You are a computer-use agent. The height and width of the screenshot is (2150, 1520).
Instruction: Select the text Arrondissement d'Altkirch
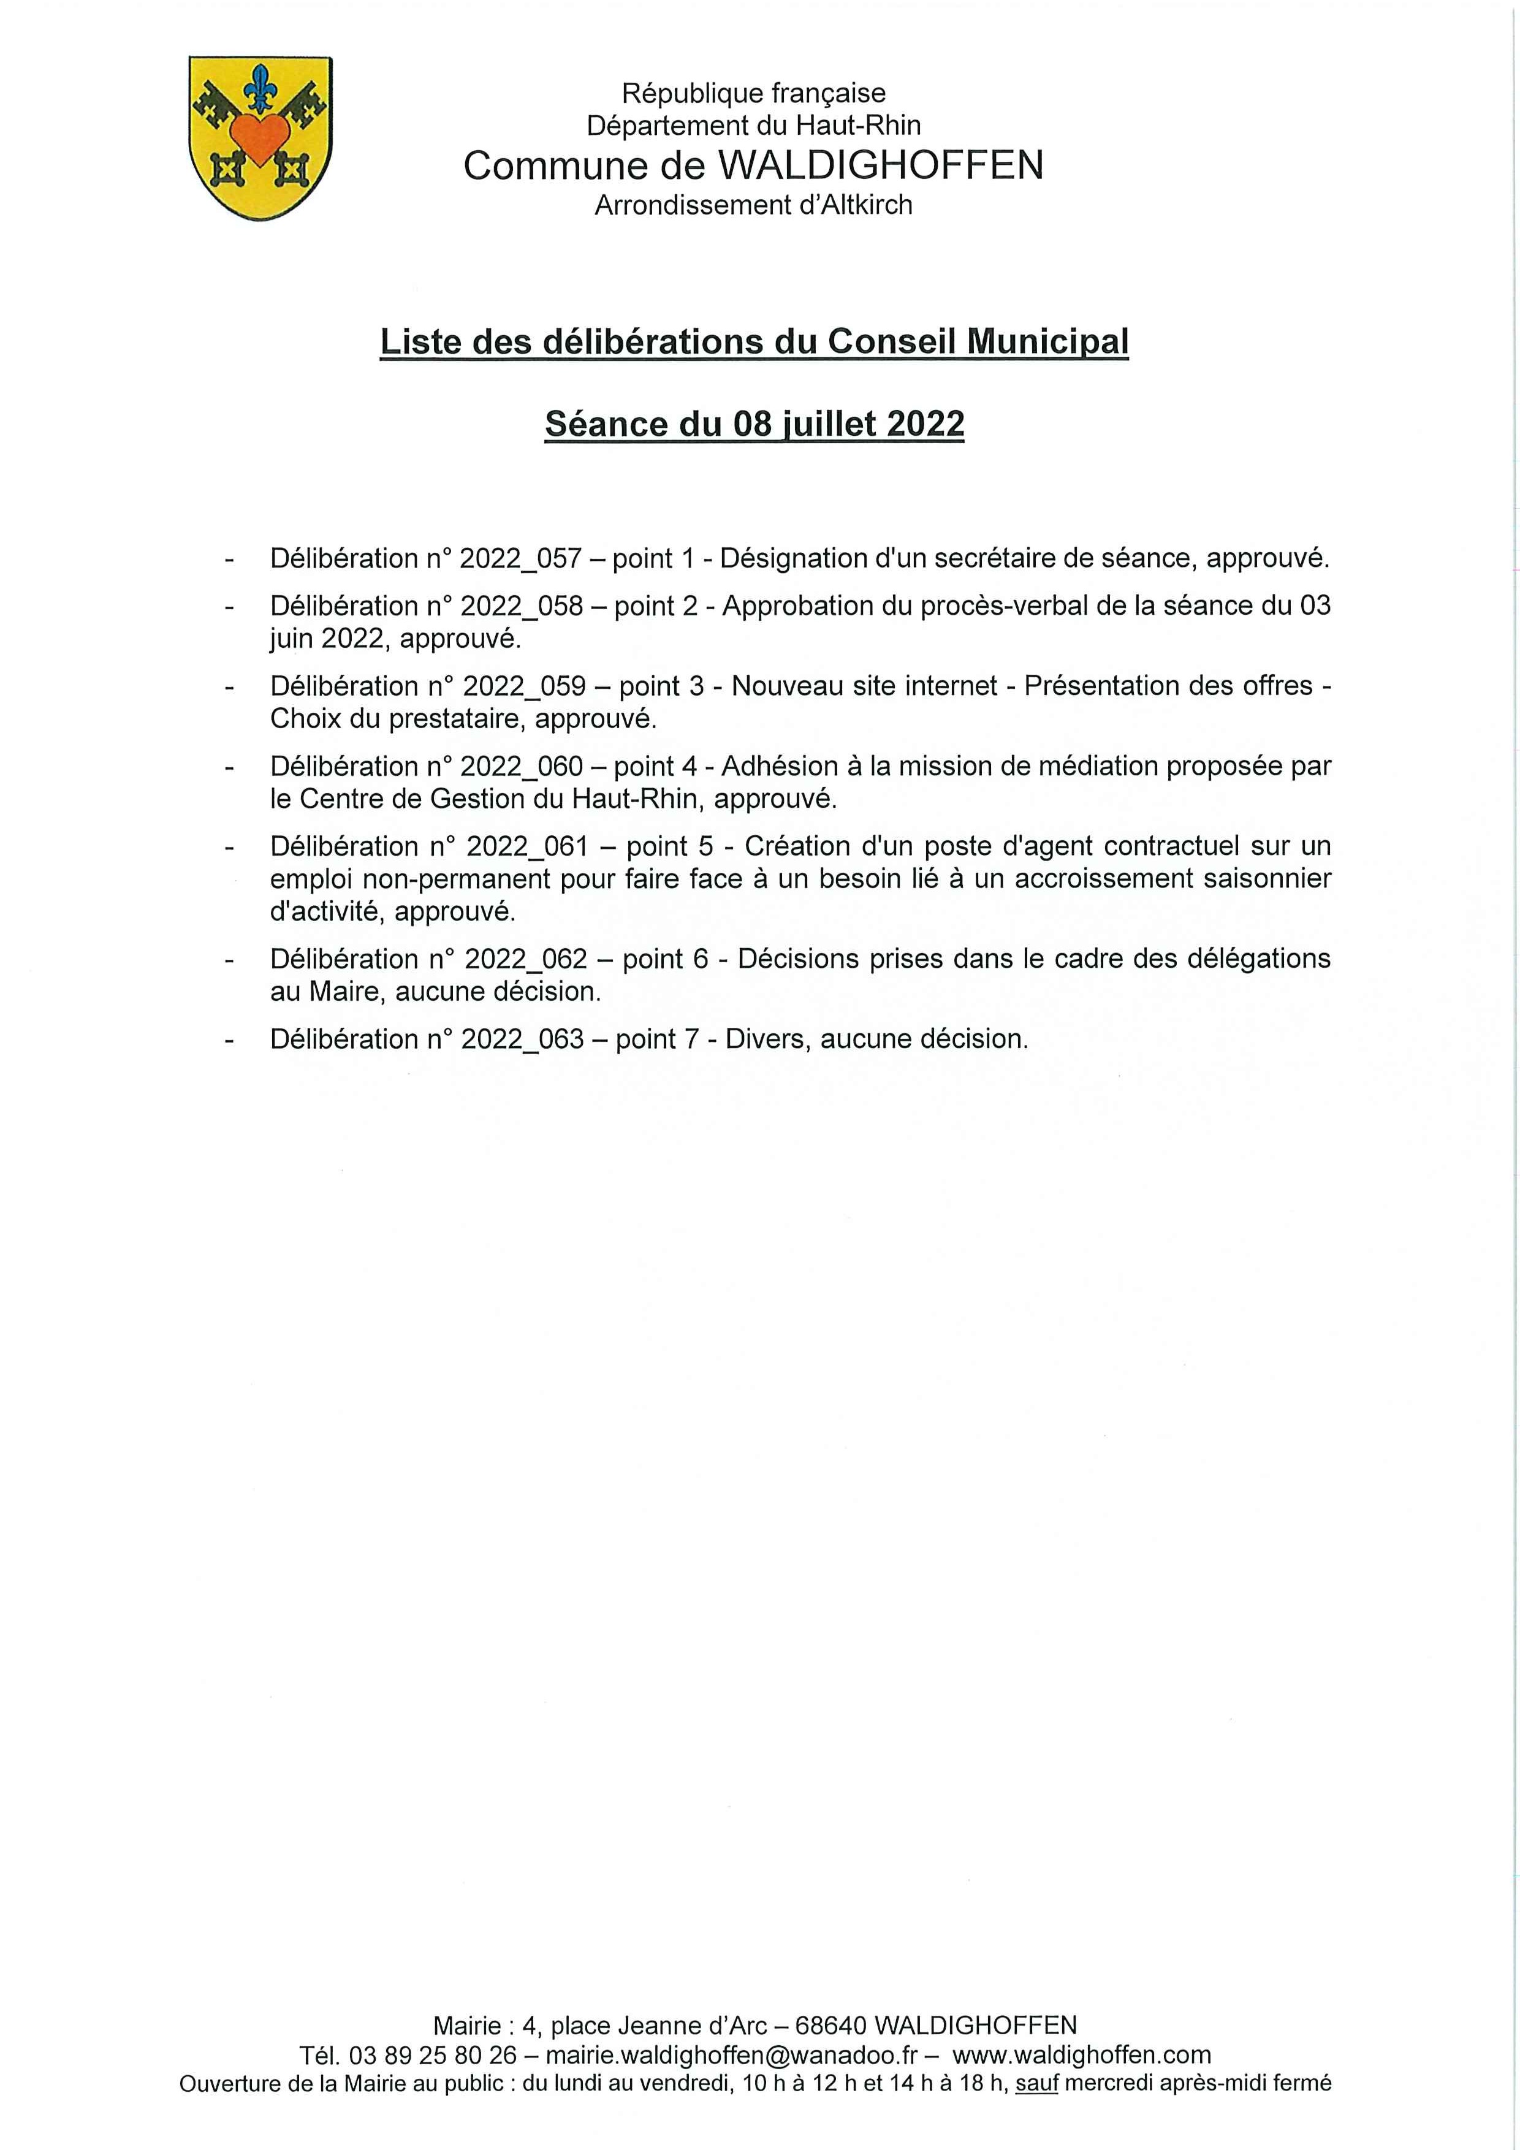point(753,205)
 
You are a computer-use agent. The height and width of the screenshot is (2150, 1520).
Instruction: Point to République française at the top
point(753,94)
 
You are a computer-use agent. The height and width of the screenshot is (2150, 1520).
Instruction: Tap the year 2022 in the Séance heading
point(924,424)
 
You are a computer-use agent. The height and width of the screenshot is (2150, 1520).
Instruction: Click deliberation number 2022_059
point(523,686)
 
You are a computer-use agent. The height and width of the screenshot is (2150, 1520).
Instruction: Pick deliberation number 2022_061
point(526,846)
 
